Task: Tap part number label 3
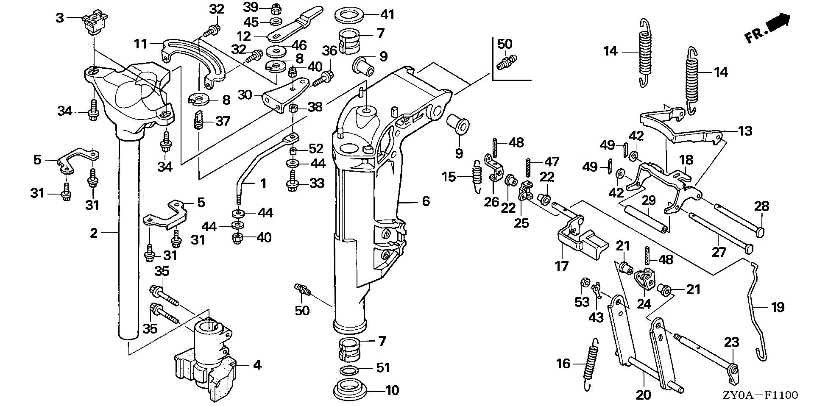coord(60,18)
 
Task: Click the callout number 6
coord(426,201)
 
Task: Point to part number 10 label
coord(392,390)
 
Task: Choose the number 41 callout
coord(387,15)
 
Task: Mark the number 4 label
coord(257,364)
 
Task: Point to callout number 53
coord(582,303)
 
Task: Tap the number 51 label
coord(383,367)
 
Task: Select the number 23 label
coord(731,342)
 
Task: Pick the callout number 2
coord(94,232)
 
